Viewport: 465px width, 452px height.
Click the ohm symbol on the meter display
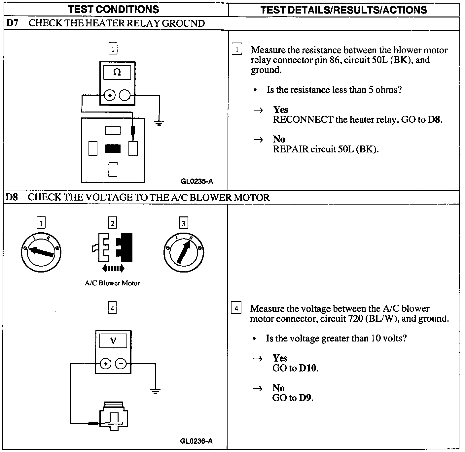[117, 72]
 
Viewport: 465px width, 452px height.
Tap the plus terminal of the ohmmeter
[110, 96]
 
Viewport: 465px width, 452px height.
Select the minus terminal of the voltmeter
[121, 364]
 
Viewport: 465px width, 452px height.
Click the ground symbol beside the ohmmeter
[159, 123]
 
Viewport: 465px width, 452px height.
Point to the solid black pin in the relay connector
[113, 149]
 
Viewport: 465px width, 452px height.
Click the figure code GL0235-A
[197, 181]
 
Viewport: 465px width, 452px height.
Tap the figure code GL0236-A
[197, 441]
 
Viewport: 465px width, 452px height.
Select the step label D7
[12, 23]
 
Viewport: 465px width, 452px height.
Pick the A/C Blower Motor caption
[112, 283]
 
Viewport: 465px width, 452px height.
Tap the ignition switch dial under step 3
[183, 253]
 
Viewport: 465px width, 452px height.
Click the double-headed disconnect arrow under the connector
[113, 269]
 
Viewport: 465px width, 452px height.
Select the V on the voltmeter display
[113, 340]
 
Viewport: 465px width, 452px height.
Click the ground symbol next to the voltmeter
[155, 391]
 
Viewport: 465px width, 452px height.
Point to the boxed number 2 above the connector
[112, 223]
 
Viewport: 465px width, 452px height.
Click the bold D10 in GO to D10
[308, 368]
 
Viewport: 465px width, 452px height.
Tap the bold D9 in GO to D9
[305, 398]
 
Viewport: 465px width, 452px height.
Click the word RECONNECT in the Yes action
[303, 119]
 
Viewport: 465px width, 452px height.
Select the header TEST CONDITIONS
[114, 9]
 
